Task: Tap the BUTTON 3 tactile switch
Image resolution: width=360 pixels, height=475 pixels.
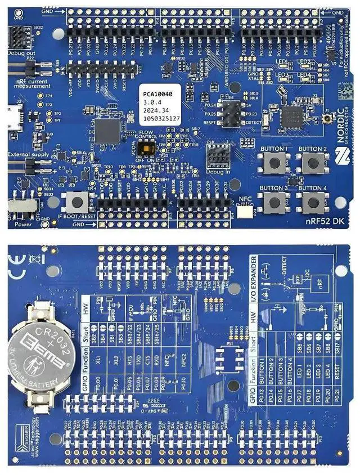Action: coord(273,201)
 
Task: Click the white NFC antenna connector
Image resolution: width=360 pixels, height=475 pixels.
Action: coord(245,212)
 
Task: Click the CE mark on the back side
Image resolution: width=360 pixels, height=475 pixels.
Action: coord(17,260)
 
